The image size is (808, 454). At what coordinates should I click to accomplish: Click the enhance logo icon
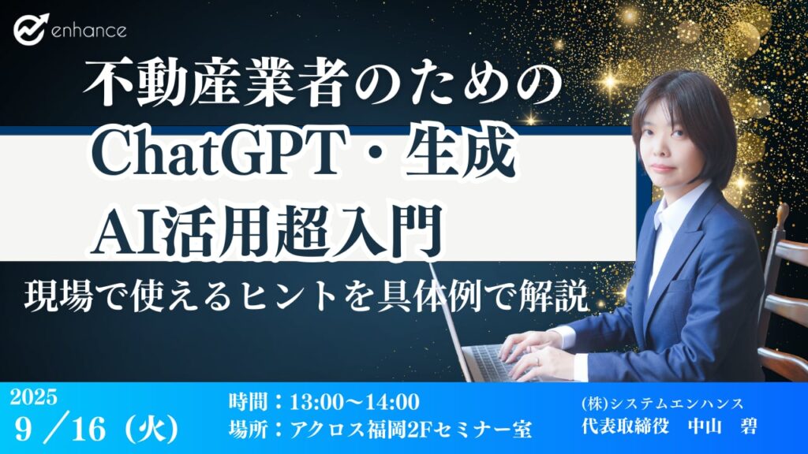coord(31,29)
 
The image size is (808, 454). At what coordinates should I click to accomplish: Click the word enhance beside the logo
coord(88,31)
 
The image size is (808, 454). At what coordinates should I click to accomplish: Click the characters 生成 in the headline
coord(461,154)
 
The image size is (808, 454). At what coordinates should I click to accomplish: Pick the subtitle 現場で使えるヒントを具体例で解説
coord(306,297)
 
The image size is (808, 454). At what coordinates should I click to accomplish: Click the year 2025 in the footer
coord(33,397)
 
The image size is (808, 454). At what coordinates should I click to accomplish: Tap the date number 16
coord(89,428)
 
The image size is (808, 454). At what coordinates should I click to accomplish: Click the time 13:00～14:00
coord(354,402)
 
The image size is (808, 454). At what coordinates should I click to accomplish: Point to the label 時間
coord(247,402)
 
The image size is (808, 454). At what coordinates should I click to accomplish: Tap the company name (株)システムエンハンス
coord(662,403)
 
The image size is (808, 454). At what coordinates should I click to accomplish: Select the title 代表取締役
coord(625,426)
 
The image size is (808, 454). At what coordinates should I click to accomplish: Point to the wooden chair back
coord(783,288)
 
